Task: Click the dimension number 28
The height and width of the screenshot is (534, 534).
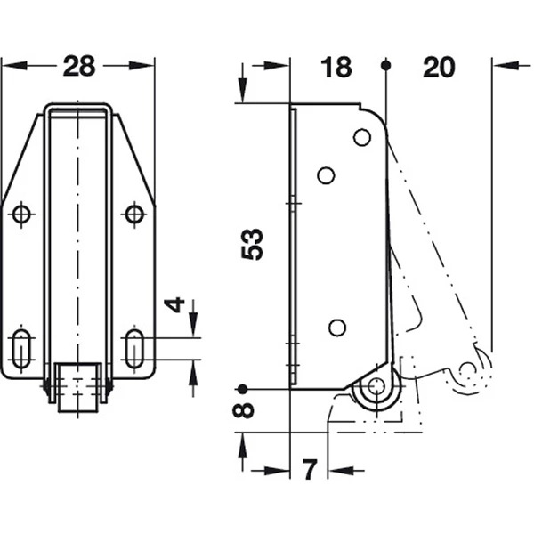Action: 78,66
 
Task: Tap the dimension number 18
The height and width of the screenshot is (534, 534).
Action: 336,67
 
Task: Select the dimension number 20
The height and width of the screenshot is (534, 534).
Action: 439,67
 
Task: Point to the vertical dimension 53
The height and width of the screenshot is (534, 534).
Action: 253,244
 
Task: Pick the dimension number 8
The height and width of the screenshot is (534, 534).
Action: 243,409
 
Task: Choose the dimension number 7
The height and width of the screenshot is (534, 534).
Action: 309,469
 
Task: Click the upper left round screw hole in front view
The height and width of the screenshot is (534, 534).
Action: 21,214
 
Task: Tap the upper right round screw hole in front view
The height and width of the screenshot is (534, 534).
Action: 134,214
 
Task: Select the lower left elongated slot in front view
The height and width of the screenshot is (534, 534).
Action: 21,348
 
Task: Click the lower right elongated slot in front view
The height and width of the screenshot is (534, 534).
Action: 134,348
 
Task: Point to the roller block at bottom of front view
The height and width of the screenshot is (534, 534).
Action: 78,387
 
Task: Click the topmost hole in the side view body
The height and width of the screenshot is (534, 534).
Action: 362,137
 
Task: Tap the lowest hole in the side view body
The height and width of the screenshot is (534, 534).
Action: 337,328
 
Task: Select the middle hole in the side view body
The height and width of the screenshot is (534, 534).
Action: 326,175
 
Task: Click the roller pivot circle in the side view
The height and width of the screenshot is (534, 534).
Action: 376,387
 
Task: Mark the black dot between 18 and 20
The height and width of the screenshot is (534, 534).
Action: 386,65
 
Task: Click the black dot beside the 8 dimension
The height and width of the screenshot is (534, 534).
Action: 242,389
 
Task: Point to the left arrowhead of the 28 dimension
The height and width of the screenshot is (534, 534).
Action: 14,65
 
